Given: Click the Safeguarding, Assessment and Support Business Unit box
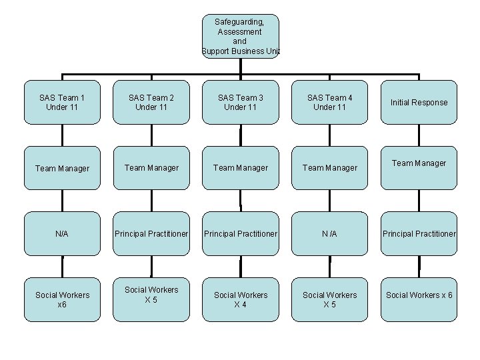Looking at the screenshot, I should point(240,36).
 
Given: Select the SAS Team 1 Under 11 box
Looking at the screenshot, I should point(62,102).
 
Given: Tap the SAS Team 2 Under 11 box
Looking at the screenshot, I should point(151,102).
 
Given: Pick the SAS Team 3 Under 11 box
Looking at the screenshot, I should point(240,102).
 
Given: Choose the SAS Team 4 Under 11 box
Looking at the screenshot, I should point(329,102).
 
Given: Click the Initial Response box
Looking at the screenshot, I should point(419,102).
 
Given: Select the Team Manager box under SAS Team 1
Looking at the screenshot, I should point(62,168).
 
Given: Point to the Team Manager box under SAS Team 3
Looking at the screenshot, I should point(240,168).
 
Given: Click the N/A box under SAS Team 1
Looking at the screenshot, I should point(62,234).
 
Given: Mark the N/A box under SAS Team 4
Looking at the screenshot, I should point(329,234).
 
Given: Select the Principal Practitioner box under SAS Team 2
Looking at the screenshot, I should point(151,234).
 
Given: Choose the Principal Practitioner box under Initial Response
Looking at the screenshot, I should point(419,234).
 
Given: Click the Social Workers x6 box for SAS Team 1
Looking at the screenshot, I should point(62,299).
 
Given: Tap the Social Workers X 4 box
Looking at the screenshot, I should point(240,299).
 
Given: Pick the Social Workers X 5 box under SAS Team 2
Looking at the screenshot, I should point(151,299).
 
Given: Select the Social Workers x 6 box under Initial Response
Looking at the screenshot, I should point(419,299).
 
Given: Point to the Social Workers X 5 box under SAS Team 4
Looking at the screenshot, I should point(329,299).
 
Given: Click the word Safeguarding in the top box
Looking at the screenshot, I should point(239,22).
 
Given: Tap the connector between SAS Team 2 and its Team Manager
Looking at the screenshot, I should point(151,135).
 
